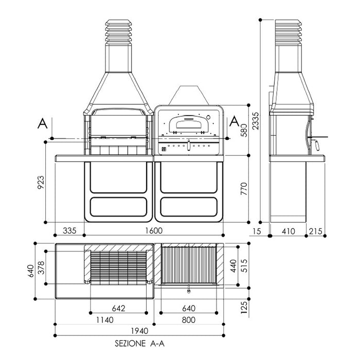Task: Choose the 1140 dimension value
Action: [x=104, y=320]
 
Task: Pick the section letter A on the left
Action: [x=43, y=123]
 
